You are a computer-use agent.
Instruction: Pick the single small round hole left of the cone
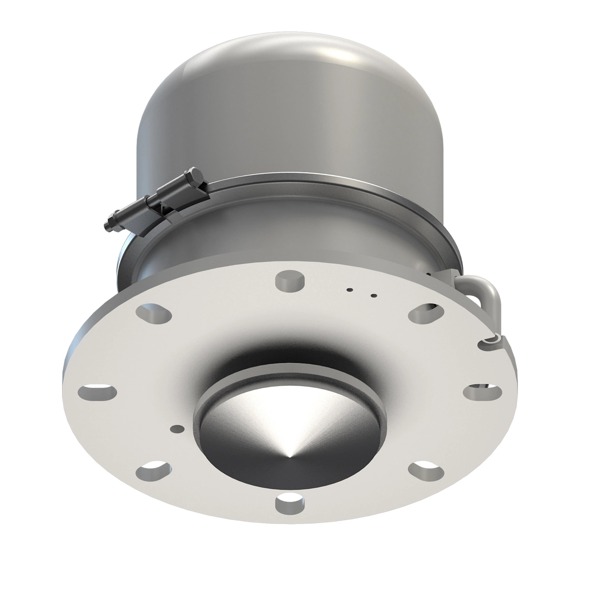pyautogui.click(x=176, y=428)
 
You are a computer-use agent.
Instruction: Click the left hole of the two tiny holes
pyautogui.click(x=350, y=290)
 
